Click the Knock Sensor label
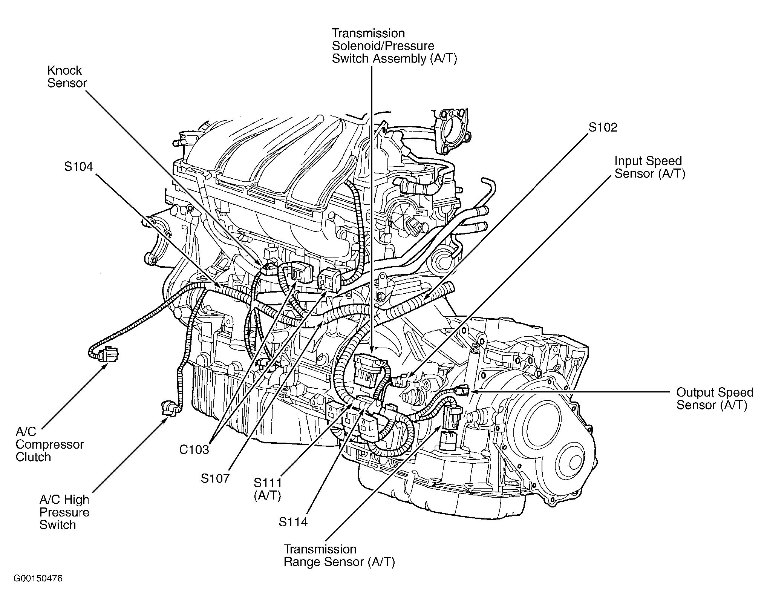point(67,77)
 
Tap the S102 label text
point(603,127)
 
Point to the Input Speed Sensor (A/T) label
point(649,167)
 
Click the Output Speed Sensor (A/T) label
point(715,398)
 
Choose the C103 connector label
point(194,449)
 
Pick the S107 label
point(215,478)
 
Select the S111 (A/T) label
point(268,489)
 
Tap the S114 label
point(293,522)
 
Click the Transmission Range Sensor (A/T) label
point(339,555)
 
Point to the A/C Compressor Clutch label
point(49,444)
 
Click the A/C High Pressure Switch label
point(64,512)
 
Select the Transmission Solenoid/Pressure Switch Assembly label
point(394,46)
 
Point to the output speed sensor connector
point(462,391)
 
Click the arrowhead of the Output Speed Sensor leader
point(472,392)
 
